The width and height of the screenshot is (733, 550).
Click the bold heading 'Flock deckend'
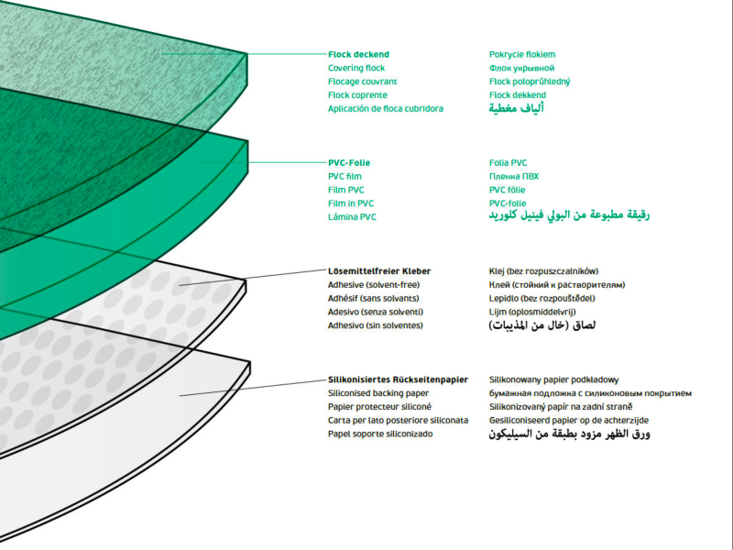pos(358,54)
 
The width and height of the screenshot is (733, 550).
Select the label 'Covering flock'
pos(356,68)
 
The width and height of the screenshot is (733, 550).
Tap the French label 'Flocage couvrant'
pos(361,82)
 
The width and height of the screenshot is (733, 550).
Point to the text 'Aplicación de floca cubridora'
pos(385,108)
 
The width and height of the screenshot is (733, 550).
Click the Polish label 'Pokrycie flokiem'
pos(521,54)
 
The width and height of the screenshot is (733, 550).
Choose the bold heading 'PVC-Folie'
pos(349,162)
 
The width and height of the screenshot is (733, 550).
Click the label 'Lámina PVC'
pos(352,216)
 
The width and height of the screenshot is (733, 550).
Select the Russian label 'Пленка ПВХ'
pos(514,176)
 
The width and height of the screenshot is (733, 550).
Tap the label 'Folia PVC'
pos(509,162)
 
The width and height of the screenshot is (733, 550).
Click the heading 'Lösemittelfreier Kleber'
pos(379,271)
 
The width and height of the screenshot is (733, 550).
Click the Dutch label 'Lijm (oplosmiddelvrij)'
pos(532,312)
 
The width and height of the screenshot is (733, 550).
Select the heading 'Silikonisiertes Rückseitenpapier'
pos(398,379)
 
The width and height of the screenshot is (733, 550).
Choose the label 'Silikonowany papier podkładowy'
pos(554,379)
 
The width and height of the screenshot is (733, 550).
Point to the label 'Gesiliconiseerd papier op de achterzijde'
pos(569,419)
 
